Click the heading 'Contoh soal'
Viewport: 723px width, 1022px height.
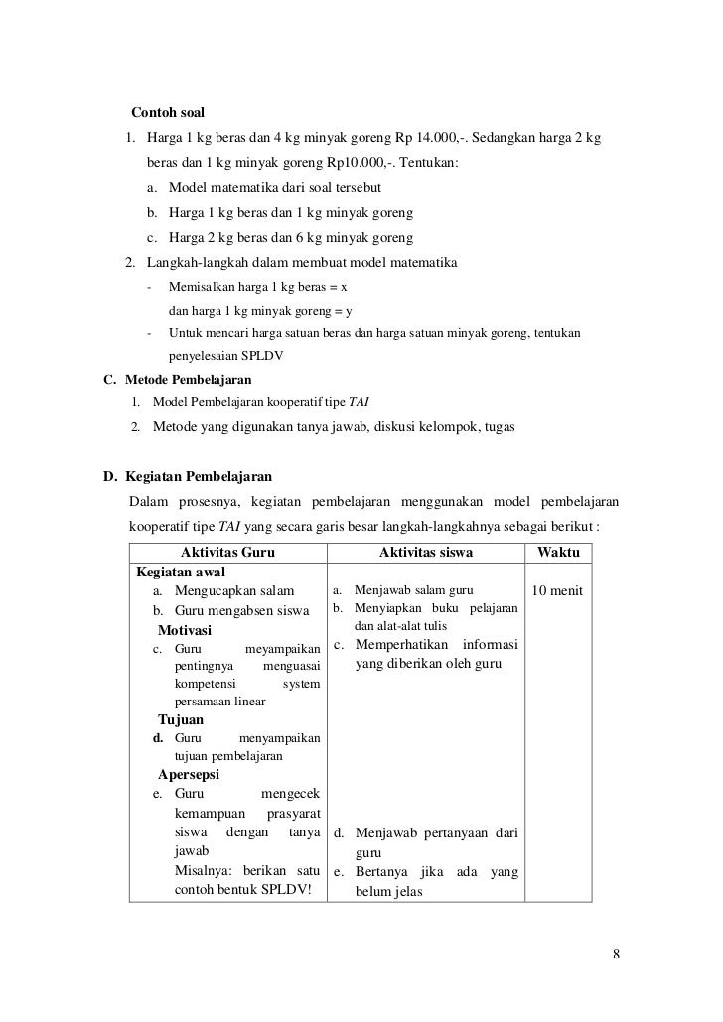(168, 112)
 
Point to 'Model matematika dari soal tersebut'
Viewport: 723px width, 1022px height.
(275, 188)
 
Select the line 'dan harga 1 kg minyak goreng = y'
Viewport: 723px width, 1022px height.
(260, 311)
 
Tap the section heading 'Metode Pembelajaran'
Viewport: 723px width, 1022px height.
(188, 380)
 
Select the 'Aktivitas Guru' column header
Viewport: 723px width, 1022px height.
(227, 553)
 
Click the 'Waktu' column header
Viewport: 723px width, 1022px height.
(558, 553)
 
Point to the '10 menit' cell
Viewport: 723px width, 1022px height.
(558, 592)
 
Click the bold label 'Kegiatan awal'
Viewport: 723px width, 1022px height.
(181, 573)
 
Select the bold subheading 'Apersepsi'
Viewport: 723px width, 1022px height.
(189, 774)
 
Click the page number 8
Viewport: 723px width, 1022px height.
(616, 955)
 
